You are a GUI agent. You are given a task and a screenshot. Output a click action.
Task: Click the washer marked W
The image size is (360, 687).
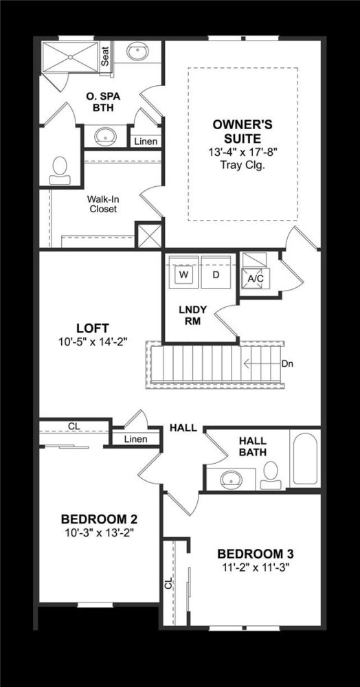click(184, 275)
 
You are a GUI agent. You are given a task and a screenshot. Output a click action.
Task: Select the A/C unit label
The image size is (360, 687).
click(253, 278)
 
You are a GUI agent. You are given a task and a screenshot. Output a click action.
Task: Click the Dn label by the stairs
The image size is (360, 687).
click(287, 363)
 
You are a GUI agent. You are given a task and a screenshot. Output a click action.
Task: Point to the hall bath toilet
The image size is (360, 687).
click(271, 475)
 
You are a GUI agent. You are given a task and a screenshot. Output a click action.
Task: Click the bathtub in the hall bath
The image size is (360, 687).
click(305, 459)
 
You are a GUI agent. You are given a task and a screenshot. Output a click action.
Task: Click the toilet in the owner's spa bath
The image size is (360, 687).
click(60, 171)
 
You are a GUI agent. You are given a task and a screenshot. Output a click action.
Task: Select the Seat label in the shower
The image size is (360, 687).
click(105, 56)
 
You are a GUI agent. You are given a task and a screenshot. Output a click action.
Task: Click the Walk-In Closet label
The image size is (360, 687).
click(103, 204)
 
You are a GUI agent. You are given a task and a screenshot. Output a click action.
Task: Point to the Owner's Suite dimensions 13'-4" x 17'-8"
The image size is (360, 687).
click(243, 153)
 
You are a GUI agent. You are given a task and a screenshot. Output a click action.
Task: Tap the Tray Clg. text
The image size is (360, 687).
click(243, 166)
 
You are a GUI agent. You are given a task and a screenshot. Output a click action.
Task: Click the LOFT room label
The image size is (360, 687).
click(93, 328)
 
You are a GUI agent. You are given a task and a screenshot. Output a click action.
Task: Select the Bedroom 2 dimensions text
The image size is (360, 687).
click(99, 532)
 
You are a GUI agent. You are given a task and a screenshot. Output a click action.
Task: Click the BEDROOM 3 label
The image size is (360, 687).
click(256, 554)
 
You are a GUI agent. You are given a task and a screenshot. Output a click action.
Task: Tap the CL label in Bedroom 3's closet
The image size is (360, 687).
click(169, 583)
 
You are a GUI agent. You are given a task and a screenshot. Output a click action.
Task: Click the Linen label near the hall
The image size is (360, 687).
click(136, 439)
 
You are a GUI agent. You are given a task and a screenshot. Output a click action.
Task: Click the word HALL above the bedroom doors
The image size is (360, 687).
click(183, 428)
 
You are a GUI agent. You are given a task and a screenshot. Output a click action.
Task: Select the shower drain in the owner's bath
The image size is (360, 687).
click(70, 57)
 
